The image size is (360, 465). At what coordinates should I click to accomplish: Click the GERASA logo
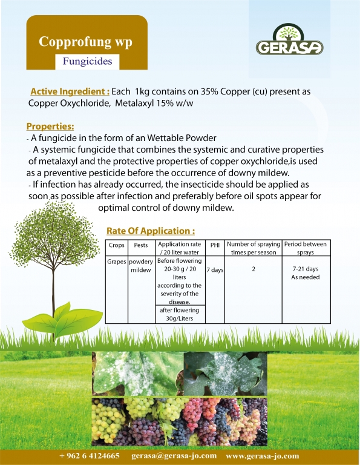(x=289, y=39)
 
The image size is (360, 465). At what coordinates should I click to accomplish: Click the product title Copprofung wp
(x=85, y=42)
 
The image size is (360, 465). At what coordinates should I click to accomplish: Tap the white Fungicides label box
(x=87, y=61)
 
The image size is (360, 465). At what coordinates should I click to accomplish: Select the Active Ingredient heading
(x=70, y=91)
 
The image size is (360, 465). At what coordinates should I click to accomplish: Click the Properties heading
(x=50, y=127)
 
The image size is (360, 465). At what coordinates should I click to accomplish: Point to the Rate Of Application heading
(x=151, y=231)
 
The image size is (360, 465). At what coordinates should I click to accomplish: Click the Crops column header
(x=116, y=245)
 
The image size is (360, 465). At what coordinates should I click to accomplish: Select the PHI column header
(x=215, y=245)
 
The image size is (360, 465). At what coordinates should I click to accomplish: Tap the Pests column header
(x=141, y=245)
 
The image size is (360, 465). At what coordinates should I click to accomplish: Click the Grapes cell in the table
(x=116, y=262)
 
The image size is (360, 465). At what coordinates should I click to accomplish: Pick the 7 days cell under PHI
(x=215, y=270)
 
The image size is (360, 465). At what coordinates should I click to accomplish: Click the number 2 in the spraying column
(x=254, y=269)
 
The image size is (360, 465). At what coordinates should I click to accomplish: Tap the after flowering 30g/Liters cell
(x=180, y=314)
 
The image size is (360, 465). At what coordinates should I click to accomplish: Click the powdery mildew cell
(x=141, y=266)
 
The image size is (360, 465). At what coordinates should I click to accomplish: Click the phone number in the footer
(x=90, y=456)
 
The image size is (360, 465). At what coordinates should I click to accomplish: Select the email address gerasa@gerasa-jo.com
(x=174, y=456)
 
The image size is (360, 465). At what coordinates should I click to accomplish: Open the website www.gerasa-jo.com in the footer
(x=262, y=456)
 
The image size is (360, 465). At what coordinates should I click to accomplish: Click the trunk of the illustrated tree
(x=54, y=297)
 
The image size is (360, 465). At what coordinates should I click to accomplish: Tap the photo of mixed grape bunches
(x=180, y=421)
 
